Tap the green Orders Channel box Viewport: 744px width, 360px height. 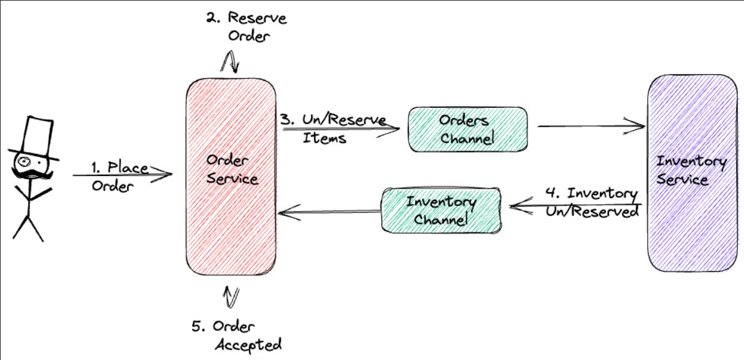click(467, 129)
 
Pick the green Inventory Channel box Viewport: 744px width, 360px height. click(442, 210)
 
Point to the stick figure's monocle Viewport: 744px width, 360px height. click(25, 161)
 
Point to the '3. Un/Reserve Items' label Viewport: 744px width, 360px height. click(331, 129)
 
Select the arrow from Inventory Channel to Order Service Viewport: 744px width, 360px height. click(328, 213)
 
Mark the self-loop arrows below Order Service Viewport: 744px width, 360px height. click(231, 297)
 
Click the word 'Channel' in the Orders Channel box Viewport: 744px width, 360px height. click(467, 139)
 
